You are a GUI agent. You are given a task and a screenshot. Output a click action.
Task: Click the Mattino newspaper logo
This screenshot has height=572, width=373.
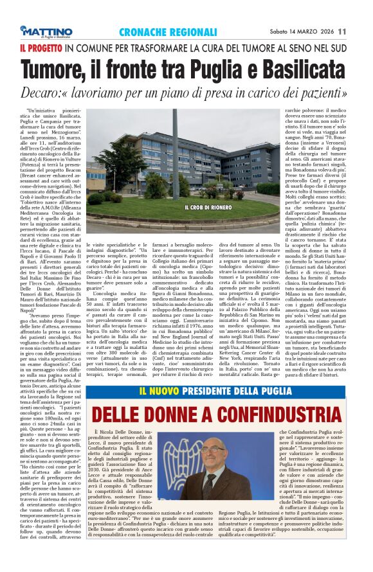pyautogui.click(x=46, y=31)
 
